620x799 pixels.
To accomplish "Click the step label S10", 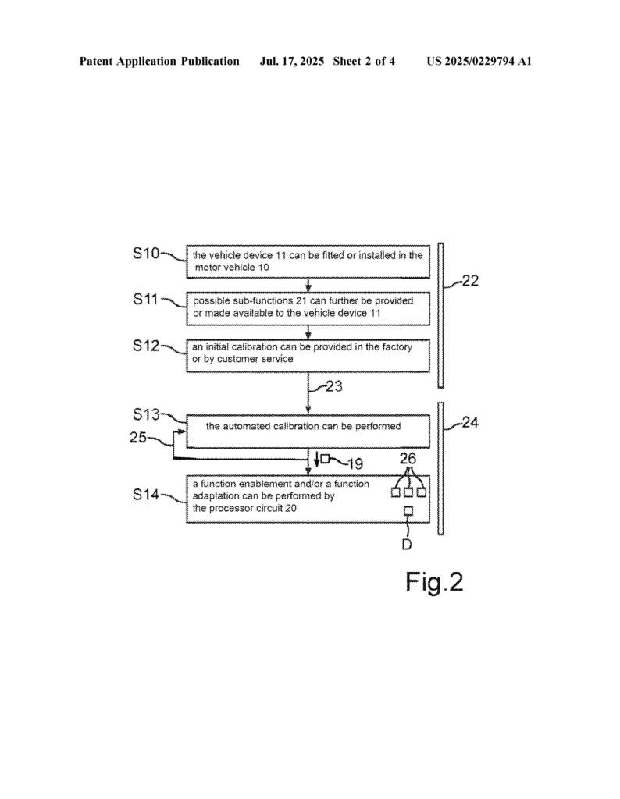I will point(147,253).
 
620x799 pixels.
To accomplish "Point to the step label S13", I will point(147,414).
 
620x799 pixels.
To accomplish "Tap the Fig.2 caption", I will point(433,582).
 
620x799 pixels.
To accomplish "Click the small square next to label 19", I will point(326,460).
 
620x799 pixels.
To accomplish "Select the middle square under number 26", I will point(408,492).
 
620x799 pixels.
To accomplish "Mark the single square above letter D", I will point(408,511).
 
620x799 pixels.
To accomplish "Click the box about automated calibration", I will point(308,431).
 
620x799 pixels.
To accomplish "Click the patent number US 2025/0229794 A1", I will point(479,61).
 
